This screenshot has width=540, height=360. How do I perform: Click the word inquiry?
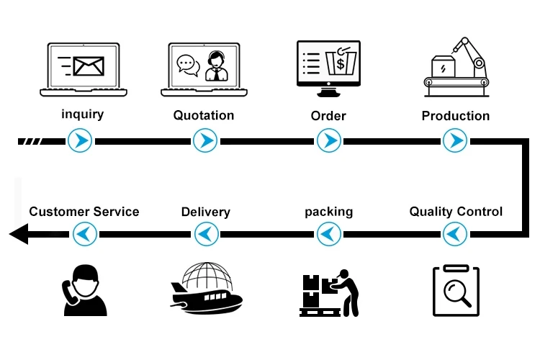click(x=83, y=114)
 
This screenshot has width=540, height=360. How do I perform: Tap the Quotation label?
click(x=204, y=115)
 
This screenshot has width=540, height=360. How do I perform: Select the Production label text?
click(x=456, y=116)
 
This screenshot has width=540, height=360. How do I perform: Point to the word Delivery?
click(x=206, y=212)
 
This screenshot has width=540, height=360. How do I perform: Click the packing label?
click(x=329, y=212)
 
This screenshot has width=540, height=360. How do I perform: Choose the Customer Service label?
click(x=84, y=212)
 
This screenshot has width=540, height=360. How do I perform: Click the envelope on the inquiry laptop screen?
click(x=89, y=66)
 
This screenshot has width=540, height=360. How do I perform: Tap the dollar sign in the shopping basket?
click(x=341, y=63)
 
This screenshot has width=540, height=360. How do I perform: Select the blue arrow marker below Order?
click(x=329, y=140)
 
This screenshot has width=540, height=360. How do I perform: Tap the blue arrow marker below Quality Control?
click(x=455, y=234)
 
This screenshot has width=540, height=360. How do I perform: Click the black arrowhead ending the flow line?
click(x=19, y=234)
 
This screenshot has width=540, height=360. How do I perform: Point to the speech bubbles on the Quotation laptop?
click(x=189, y=66)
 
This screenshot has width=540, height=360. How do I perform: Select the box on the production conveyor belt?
click(x=444, y=66)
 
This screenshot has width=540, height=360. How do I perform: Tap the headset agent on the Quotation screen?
click(x=217, y=66)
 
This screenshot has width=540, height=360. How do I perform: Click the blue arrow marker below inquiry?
click(x=80, y=140)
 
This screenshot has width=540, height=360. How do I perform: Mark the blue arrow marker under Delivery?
click(x=207, y=234)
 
